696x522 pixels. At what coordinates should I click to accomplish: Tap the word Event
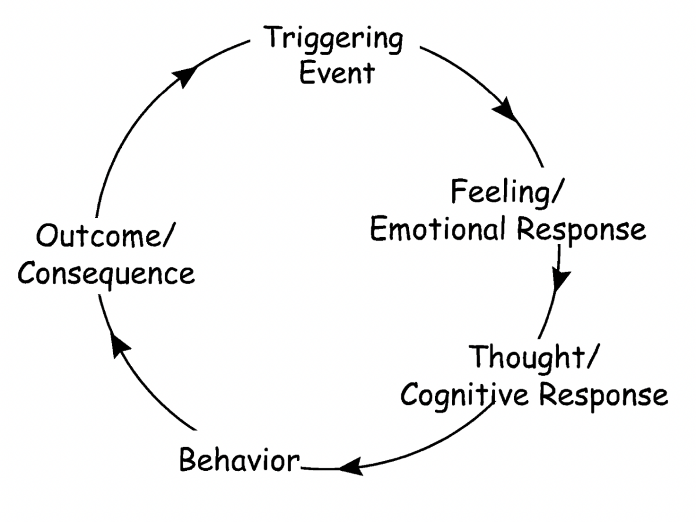tap(336, 73)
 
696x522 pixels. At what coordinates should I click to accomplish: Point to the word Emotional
tap(438, 230)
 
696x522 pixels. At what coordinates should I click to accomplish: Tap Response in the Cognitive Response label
tap(604, 396)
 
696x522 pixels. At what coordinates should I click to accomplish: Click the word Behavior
tap(239, 461)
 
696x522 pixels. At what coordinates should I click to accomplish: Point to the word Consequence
tap(106, 273)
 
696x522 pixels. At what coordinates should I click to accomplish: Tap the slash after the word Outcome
tap(170, 238)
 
